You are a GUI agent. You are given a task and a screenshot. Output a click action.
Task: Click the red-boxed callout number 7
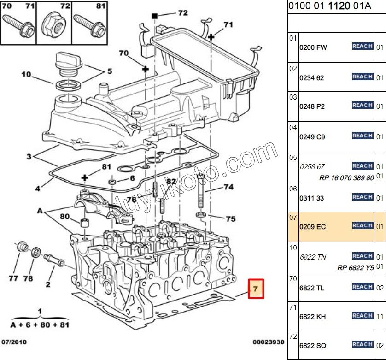click(x=256, y=289)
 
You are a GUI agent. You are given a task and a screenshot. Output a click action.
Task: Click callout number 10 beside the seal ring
click(x=26, y=74)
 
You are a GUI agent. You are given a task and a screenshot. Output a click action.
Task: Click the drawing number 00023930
click(x=268, y=342)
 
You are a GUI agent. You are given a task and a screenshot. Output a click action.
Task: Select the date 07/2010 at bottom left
click(x=13, y=342)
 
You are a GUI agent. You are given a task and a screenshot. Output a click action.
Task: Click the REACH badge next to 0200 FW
click(x=362, y=46)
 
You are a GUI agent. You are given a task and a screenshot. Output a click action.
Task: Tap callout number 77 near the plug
click(x=13, y=278)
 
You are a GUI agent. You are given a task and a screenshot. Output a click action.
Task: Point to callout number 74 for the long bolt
click(x=228, y=187)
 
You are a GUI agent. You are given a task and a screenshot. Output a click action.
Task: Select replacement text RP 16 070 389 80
click(x=346, y=178)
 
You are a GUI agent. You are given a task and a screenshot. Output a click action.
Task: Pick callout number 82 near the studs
click(x=171, y=182)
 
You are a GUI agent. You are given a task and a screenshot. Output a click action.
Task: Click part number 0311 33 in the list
click(x=312, y=198)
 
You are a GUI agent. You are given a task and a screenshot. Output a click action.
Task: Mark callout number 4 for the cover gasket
click(x=38, y=188)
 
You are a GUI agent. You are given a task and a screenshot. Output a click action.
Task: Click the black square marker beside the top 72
click(x=155, y=16)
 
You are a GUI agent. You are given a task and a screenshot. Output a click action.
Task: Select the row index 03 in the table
click(x=293, y=97)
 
